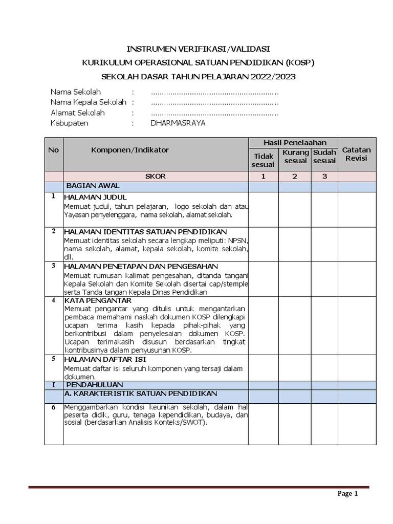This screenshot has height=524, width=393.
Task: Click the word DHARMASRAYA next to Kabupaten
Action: pos(178,123)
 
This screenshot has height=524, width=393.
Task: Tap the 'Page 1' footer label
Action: pos(347,493)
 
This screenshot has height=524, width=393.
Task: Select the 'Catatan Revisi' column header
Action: pos(357,154)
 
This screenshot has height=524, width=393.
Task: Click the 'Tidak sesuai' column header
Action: pos(263,160)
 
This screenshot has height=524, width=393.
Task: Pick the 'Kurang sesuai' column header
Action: pos(295,157)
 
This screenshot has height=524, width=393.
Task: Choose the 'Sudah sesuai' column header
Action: pos(324,157)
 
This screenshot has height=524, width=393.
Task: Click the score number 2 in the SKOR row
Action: pos(295,177)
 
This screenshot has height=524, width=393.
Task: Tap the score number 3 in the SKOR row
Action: pos(324,177)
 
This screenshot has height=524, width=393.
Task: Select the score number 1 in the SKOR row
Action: pos(264,177)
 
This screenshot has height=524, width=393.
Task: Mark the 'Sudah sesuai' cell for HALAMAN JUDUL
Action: pos(324,209)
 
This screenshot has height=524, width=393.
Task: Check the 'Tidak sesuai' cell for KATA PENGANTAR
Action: pos(264,325)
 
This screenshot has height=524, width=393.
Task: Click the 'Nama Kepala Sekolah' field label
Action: pos(89,102)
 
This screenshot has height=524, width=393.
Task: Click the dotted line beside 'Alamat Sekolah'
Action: pos(215,113)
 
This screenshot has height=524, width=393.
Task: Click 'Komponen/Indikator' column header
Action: pos(130,150)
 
